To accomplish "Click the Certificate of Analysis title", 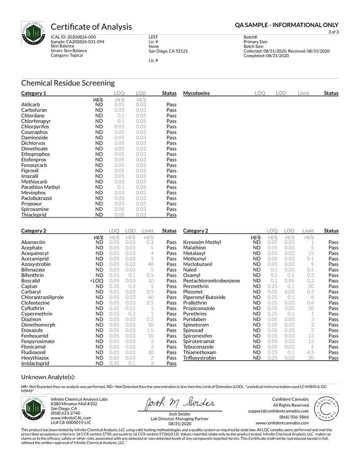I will [91, 27].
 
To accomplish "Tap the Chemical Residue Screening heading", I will [68, 83].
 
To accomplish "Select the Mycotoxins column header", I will [196, 93].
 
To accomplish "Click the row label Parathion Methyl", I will [40, 187].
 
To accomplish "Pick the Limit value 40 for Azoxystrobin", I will [151, 264].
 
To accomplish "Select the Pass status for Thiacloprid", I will [171, 215].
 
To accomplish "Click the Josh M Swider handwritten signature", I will [180, 403].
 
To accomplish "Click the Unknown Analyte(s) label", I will [48, 377].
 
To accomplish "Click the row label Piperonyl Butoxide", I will [204, 298].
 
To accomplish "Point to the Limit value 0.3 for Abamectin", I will [151, 242].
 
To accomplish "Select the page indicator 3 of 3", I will [333, 32].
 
